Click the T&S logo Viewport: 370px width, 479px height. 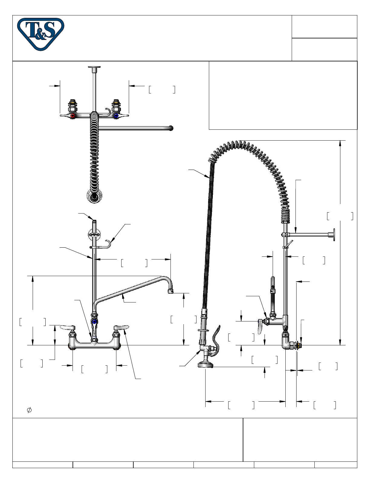(41, 34)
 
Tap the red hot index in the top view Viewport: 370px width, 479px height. (73, 116)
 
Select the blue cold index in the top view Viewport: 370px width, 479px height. (116, 116)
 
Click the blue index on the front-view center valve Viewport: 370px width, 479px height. (94, 322)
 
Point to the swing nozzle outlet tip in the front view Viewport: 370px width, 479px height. (170, 292)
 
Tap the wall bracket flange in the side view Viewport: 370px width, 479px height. (334, 235)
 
